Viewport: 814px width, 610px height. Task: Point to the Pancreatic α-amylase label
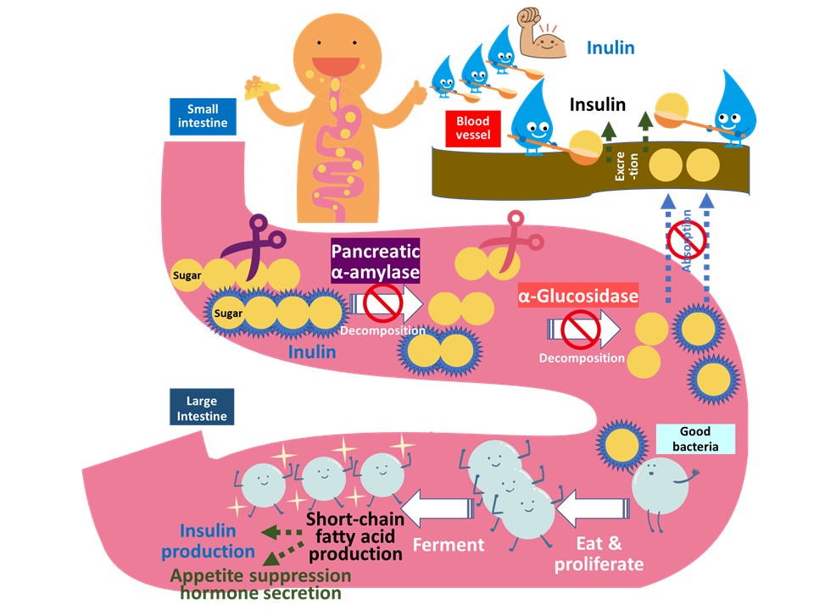click(x=376, y=262)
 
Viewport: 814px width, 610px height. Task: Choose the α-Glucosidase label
click(x=578, y=297)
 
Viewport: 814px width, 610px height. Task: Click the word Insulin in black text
click(x=598, y=106)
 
